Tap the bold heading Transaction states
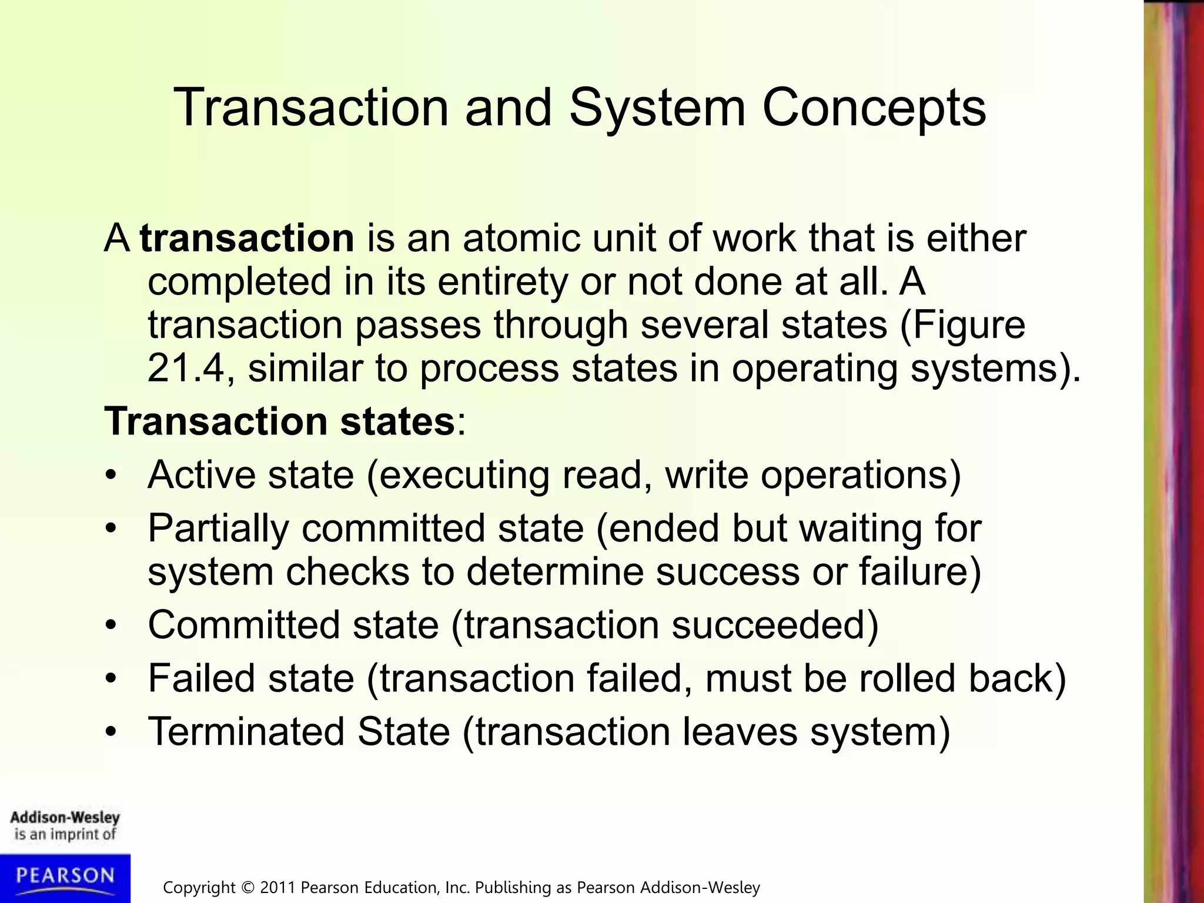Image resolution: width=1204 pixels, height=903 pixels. (280, 422)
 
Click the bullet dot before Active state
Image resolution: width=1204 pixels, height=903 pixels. (112, 475)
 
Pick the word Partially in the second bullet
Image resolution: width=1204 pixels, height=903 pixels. (218, 529)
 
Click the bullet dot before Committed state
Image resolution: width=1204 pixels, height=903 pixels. (112, 625)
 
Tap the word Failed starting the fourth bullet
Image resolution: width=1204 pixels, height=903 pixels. (201, 678)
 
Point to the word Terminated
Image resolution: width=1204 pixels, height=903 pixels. (246, 732)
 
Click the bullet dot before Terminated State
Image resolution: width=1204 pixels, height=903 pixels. (112, 733)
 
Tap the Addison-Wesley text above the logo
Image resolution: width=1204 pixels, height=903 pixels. (65, 817)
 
